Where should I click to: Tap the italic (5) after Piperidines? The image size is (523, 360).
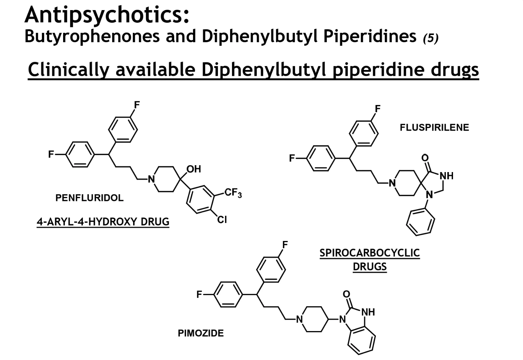tap(431, 38)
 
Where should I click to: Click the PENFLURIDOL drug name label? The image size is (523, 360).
tap(89, 198)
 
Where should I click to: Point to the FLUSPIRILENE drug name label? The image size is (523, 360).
tap(434, 127)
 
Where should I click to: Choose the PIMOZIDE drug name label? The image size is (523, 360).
tap(201, 333)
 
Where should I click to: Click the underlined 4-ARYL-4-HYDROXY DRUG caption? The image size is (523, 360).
tap(103, 221)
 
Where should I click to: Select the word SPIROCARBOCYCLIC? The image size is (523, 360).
tap(369, 253)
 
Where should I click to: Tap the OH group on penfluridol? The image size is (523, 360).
tap(194, 169)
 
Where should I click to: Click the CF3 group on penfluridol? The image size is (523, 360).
tap(233, 193)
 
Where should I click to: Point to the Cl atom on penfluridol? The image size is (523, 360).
tap(222, 219)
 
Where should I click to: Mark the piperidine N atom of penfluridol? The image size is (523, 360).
tap(151, 179)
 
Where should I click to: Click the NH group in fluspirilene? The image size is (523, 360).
tap(447, 176)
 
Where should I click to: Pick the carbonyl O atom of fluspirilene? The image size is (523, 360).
tap(425, 158)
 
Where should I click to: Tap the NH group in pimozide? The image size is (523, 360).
tap(368, 312)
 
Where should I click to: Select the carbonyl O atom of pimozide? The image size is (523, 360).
tap(347, 294)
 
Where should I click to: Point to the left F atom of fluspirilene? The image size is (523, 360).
tap(292, 158)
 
